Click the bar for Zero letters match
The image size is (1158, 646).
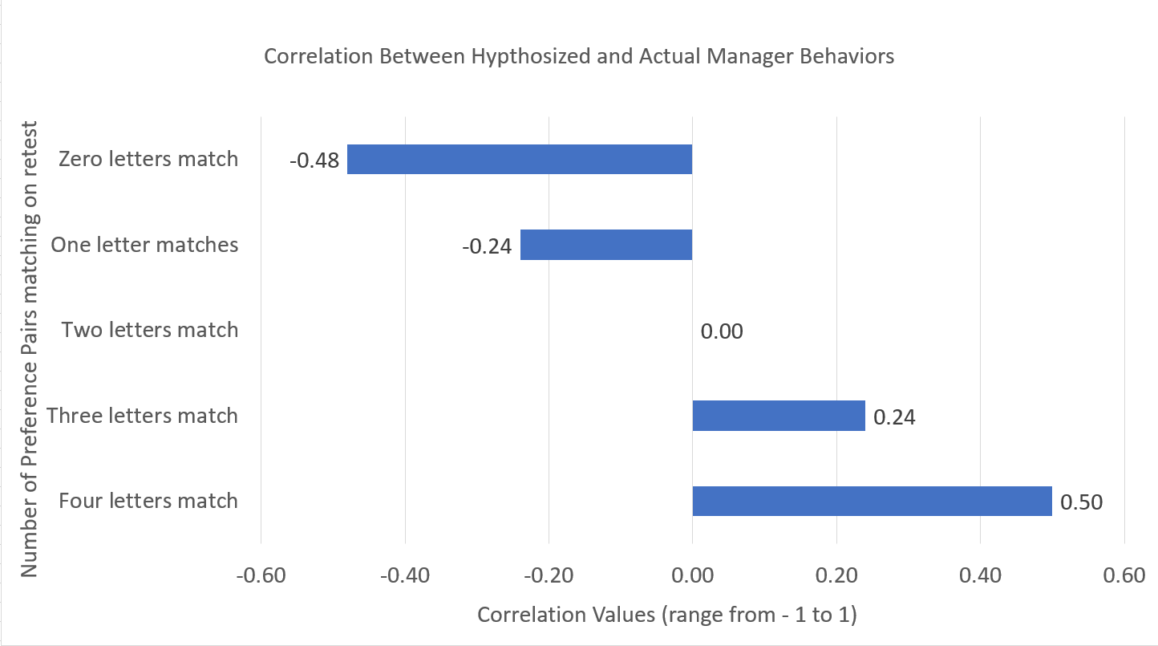519,159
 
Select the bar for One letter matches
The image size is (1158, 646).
605,245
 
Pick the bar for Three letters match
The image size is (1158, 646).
778,416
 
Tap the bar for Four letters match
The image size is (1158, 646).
871,501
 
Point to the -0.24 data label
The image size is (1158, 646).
486,246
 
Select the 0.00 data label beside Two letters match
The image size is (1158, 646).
722,331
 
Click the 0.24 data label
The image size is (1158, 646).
894,417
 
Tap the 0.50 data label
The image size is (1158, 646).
1081,502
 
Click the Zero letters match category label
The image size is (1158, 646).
148,159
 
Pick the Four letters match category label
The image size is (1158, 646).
148,501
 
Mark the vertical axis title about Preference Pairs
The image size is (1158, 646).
29,349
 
